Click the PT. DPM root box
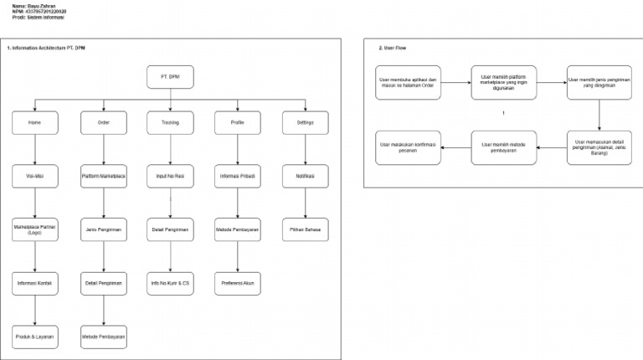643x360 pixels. pos(170,77)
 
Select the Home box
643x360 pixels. pos(34,123)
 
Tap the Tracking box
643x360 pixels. pos(170,123)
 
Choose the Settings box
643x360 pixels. pos(306,123)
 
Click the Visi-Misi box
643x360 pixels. pos(34,177)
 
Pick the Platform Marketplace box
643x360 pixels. pos(103,177)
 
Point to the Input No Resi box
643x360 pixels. pos(170,177)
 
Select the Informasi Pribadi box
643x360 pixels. pos(238,177)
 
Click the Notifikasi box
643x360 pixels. pos(306,177)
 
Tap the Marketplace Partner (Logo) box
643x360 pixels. pos(34,229)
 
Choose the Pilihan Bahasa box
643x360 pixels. pos(306,229)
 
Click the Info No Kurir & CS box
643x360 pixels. pos(170,283)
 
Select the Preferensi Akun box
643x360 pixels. pos(238,283)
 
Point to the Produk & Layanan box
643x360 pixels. pos(34,336)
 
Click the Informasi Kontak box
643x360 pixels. pos(34,283)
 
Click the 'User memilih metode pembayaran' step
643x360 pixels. pos(504,147)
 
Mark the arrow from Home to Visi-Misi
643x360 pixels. pos(34,150)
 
